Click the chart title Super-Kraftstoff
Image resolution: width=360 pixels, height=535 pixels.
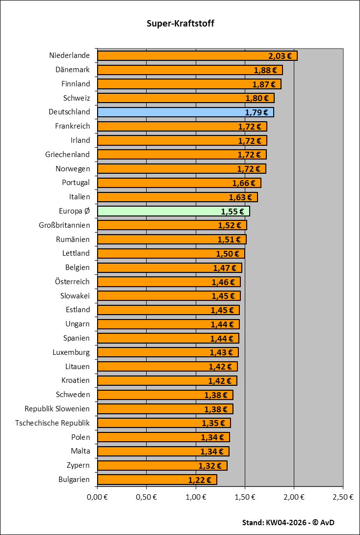pyautogui.click(x=180, y=24)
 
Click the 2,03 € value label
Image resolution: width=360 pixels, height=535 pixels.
pyautogui.click(x=280, y=56)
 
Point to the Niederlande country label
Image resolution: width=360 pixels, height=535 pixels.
pyautogui.click(x=70, y=55)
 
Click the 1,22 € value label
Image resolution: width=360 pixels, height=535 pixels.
pyautogui.click(x=200, y=480)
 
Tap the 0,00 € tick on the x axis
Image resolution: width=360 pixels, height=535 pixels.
pyautogui.click(x=98, y=497)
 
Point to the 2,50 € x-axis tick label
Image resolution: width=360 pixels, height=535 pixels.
pyautogui.click(x=343, y=497)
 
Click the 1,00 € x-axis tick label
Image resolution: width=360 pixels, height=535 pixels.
pyautogui.click(x=196, y=497)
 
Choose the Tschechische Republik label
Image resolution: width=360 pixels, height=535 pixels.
pyautogui.click(x=52, y=423)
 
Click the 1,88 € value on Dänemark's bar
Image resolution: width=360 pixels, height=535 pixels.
pyautogui.click(x=265, y=70)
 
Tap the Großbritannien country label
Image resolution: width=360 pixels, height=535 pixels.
pyautogui.click(x=64, y=225)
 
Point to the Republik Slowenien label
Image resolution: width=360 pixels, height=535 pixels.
pyautogui.click(x=57, y=409)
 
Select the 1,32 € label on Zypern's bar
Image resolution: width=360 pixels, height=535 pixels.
pyautogui.click(x=210, y=466)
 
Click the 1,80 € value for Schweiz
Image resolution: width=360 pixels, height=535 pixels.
pyautogui.click(x=257, y=98)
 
